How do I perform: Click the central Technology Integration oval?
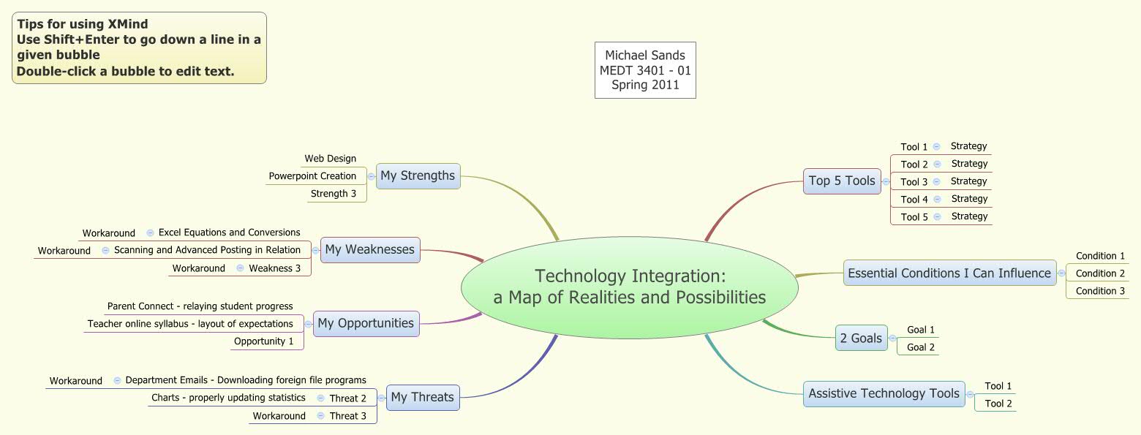629,287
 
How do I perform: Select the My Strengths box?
418,175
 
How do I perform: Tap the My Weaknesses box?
369,249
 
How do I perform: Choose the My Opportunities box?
366,323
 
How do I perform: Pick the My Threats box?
422,397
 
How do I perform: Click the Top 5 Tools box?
842,181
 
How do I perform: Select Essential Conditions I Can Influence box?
949,273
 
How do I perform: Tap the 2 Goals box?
861,338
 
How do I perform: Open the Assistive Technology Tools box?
884,393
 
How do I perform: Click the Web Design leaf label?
331,158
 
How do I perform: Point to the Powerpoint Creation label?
312,175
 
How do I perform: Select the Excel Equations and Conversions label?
229,232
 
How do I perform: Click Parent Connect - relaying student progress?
200,306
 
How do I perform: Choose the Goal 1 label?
921,330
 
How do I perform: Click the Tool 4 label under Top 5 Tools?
914,199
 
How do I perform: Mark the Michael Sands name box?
644,70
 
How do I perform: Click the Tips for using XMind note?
139,48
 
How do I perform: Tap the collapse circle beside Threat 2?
321,398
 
